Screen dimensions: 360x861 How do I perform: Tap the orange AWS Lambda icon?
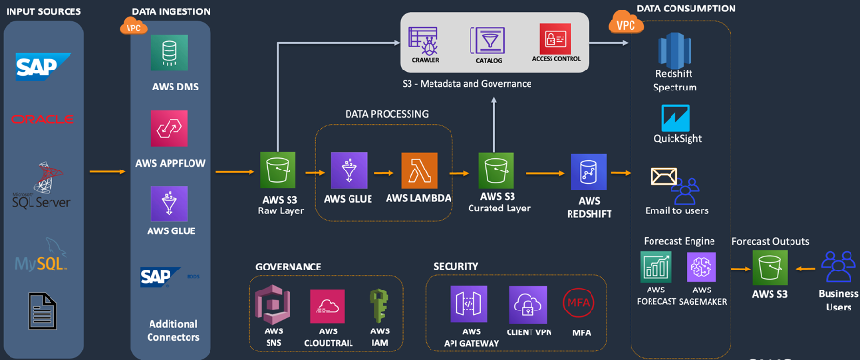click(420, 172)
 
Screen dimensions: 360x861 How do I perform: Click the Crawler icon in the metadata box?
click(423, 40)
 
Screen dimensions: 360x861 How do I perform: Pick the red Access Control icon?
click(554, 40)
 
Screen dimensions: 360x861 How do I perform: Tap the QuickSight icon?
click(675, 120)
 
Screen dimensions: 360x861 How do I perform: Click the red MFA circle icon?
click(577, 304)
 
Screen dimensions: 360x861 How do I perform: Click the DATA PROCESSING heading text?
click(386, 113)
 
